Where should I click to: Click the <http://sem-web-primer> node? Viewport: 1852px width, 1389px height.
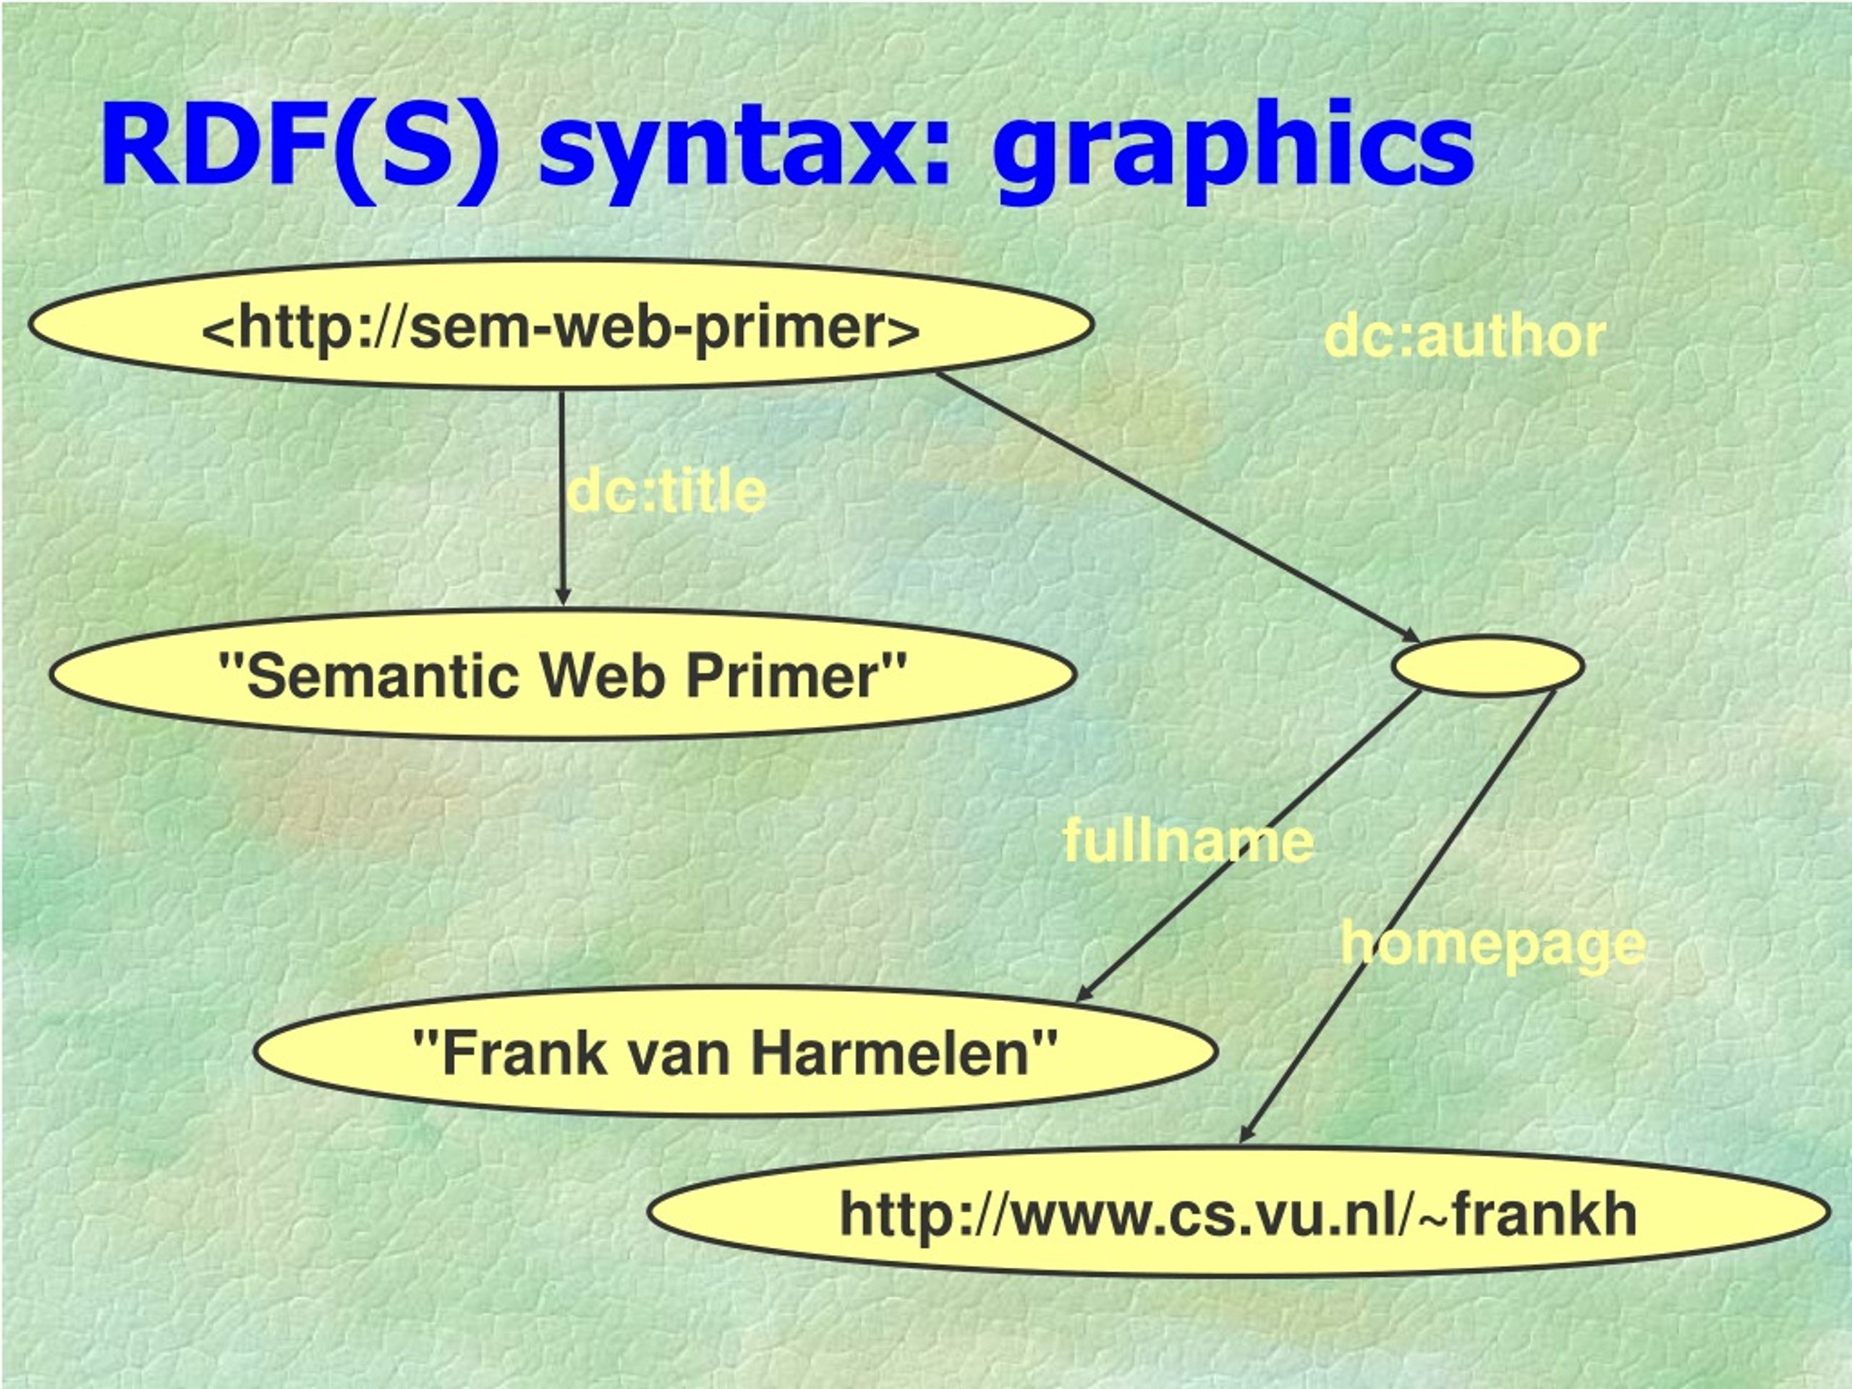(561, 324)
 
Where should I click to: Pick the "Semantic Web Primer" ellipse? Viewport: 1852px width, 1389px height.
(563, 675)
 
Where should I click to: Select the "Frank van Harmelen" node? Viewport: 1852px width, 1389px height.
(735, 1052)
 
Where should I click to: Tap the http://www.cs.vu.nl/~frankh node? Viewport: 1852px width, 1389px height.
(1239, 1213)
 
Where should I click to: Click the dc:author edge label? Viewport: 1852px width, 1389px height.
(1464, 336)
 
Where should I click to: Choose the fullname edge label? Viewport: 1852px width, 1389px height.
(1188, 841)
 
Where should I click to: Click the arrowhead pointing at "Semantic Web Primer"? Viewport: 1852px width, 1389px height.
(563, 596)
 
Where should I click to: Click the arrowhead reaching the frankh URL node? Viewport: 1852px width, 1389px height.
(1246, 1132)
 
